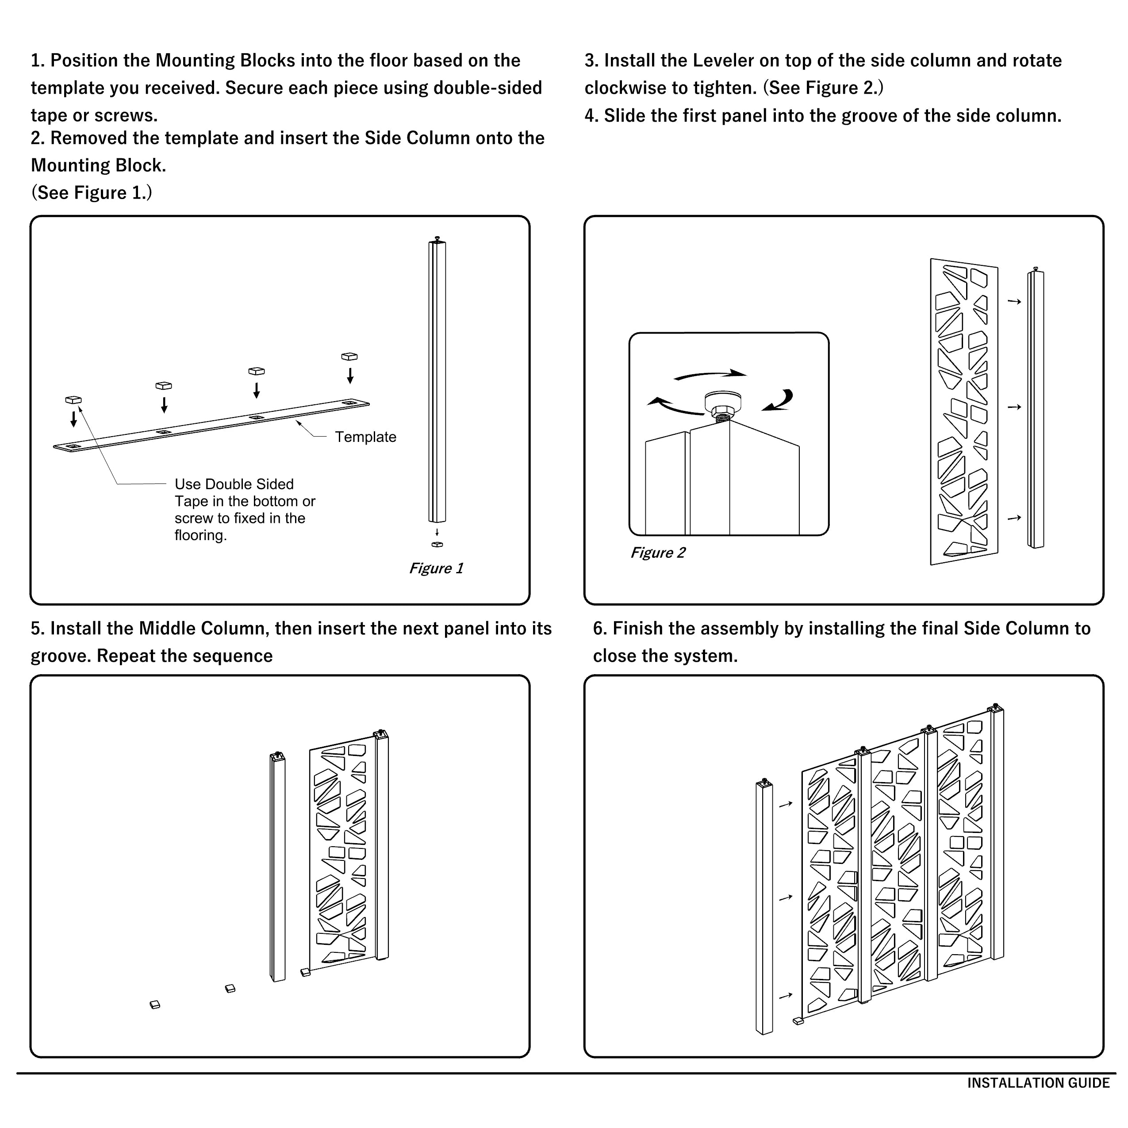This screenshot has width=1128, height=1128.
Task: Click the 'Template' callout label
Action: [365, 437]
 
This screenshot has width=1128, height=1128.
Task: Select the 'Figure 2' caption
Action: [657, 552]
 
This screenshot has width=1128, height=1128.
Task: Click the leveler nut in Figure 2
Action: [722, 402]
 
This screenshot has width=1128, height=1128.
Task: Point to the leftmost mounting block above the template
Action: [73, 400]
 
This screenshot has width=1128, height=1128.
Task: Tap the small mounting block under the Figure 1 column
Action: [437, 544]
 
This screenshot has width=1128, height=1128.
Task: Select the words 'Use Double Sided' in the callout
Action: [234, 484]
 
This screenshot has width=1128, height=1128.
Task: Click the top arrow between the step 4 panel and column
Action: [1014, 301]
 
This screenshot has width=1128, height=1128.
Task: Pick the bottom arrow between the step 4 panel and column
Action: [1014, 518]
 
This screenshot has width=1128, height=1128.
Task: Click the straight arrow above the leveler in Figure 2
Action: [710, 375]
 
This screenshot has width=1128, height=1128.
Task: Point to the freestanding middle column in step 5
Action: [278, 867]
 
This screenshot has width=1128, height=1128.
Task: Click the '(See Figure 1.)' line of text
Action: [92, 193]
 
